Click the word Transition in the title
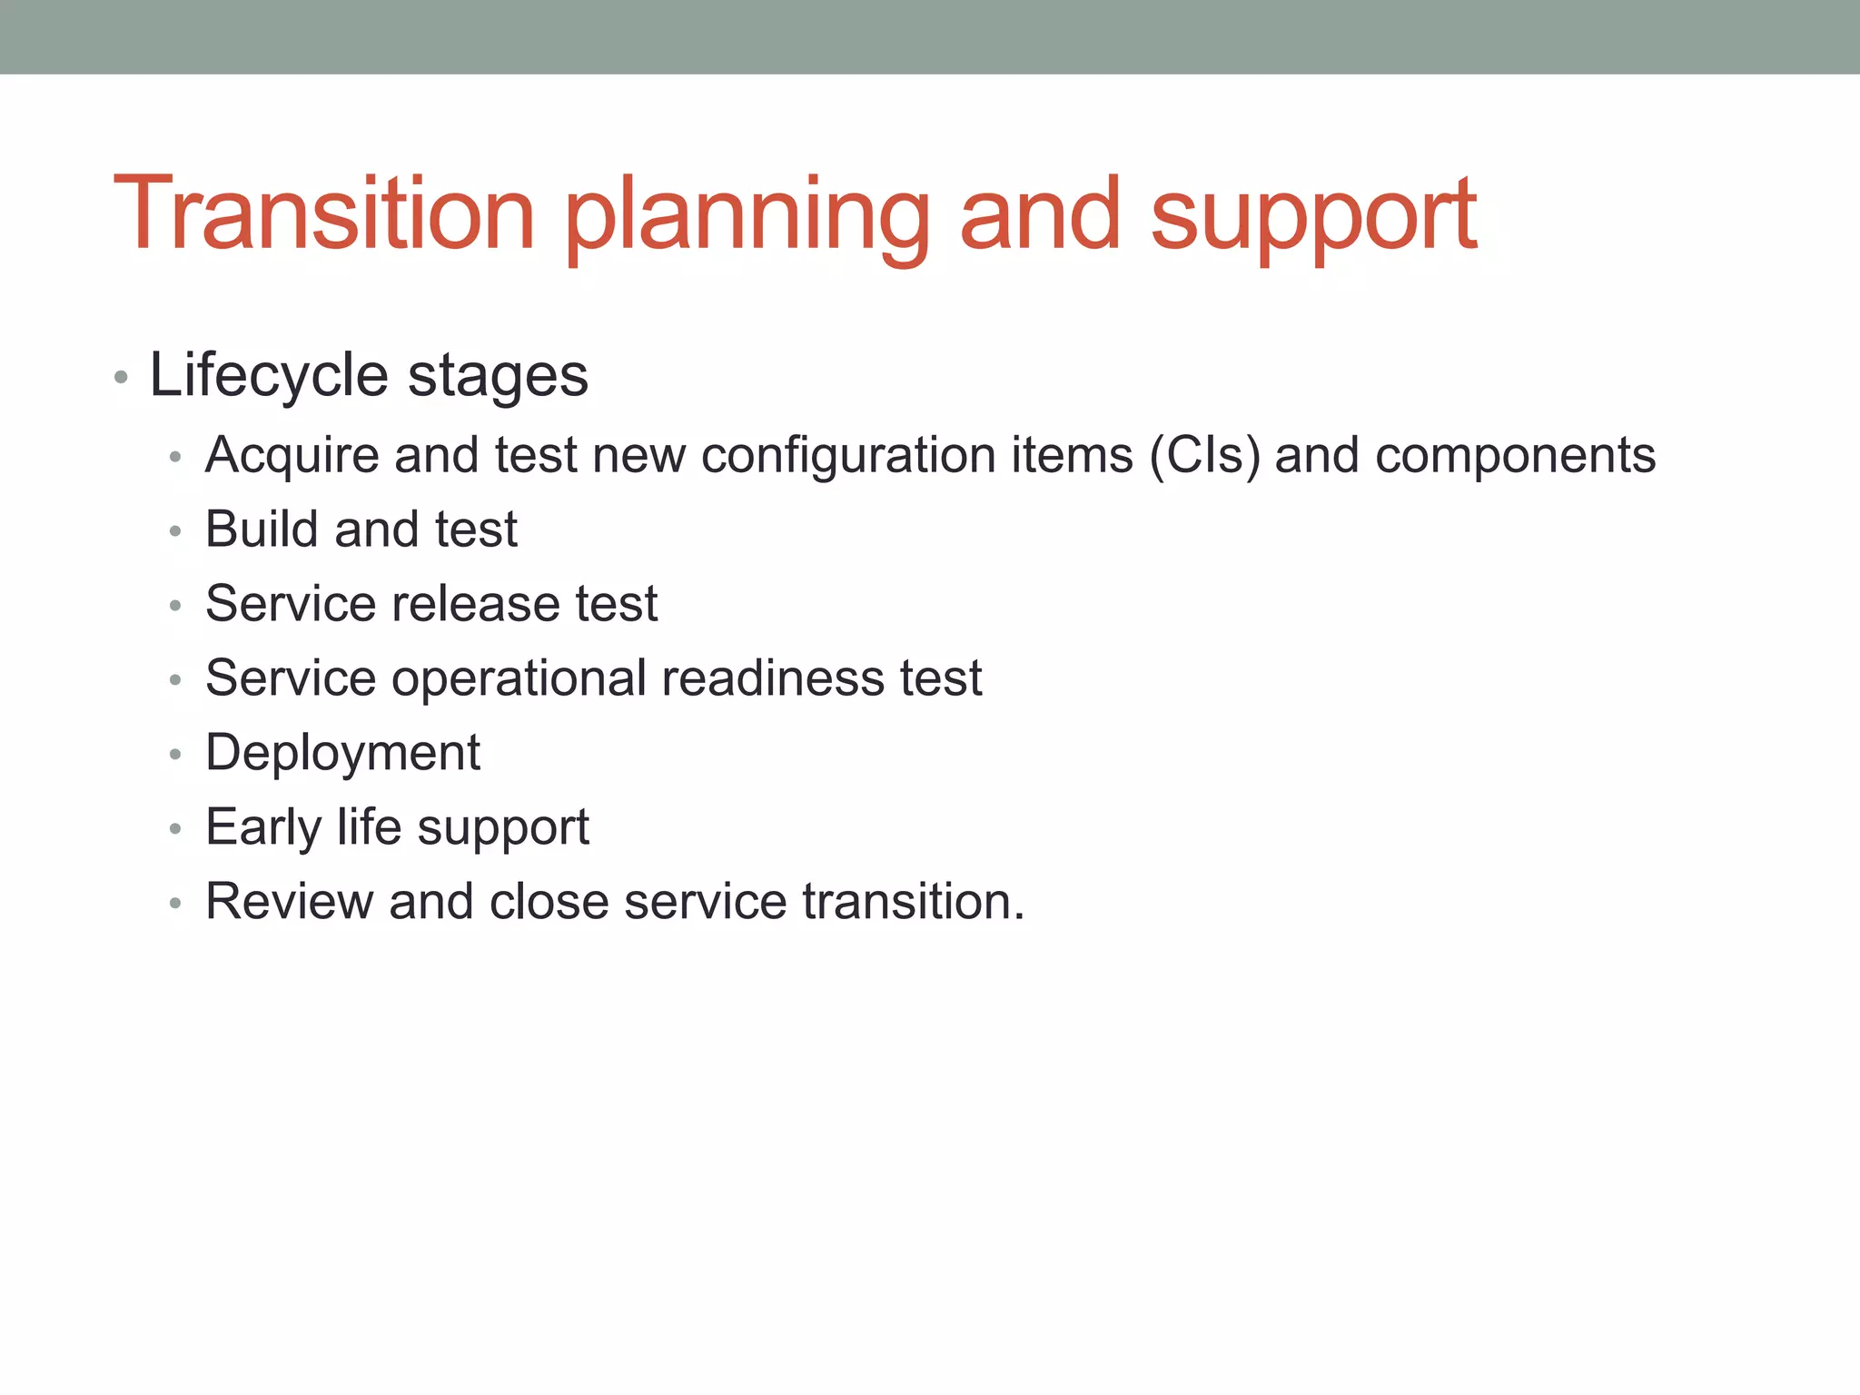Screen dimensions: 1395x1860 pyautogui.click(x=323, y=214)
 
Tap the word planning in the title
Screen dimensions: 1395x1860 pyautogui.click(x=747, y=218)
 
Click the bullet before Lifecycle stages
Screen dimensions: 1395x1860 pyautogui.click(x=121, y=377)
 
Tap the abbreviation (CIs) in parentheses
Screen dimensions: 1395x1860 pyautogui.click(x=1204, y=456)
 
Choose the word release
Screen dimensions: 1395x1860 pyautogui.click(x=475, y=604)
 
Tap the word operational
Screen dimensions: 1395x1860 pyautogui.click(x=519, y=679)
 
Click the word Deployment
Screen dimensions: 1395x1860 pyautogui.click(x=342, y=754)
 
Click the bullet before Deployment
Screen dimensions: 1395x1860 pyautogui.click(x=175, y=754)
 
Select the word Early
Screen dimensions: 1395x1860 pyautogui.click(x=263, y=828)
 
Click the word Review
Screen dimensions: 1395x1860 pyautogui.click(x=289, y=902)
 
